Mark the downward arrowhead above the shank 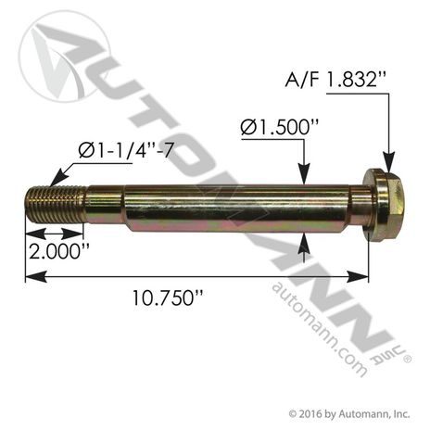tap(303, 174)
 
